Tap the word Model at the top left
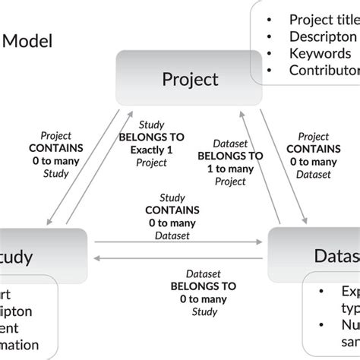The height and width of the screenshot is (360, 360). pos(28,40)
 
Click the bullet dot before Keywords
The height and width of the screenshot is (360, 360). pos(270,54)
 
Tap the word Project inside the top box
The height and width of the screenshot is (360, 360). pos(191,79)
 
